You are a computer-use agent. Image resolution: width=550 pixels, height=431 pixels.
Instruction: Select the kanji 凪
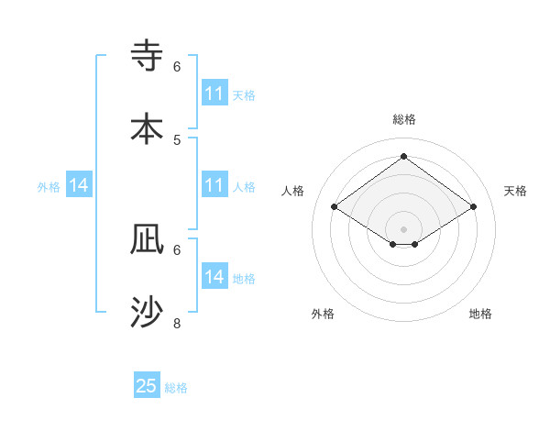(x=148, y=239)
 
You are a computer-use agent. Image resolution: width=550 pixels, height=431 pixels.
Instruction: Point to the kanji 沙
(x=148, y=313)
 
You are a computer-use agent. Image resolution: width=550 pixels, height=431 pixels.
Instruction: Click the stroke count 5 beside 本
(x=177, y=139)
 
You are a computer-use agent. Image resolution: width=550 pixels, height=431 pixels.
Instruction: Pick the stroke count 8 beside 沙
(x=177, y=323)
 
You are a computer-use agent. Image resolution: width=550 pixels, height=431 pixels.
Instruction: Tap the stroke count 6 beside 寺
(x=177, y=66)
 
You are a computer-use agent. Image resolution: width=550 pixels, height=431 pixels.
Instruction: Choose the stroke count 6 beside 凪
(x=177, y=249)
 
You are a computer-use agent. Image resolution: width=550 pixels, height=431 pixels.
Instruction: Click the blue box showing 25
(x=147, y=386)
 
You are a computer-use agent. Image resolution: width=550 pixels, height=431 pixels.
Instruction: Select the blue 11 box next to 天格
(x=214, y=94)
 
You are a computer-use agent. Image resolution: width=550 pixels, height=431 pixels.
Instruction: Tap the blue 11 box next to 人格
(x=214, y=185)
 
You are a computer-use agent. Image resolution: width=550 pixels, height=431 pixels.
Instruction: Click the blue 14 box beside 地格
(x=214, y=277)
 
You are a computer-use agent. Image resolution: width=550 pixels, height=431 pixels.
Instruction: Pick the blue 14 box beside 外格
(x=79, y=185)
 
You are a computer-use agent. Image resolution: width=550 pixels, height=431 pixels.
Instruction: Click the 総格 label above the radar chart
(x=403, y=119)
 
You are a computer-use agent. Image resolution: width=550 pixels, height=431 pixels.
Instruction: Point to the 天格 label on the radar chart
(x=515, y=191)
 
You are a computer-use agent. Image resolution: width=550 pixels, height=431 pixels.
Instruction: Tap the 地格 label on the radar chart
(x=480, y=314)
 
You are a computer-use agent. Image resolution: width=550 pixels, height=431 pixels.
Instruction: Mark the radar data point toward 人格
(x=335, y=207)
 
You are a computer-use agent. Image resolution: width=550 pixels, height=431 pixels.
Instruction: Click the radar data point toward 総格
(x=403, y=157)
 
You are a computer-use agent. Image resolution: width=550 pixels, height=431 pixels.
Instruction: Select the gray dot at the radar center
(x=403, y=228)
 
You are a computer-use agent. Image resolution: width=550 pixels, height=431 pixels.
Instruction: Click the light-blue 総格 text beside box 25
(x=176, y=388)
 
